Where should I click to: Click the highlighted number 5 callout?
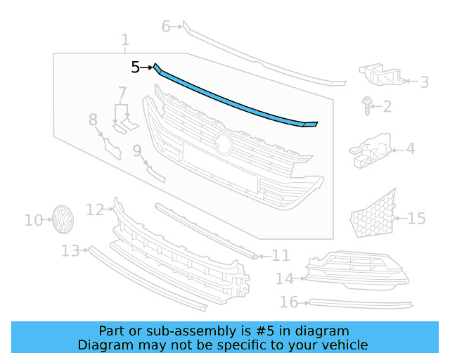[136, 67]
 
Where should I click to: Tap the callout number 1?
[125, 40]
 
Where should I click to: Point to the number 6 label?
[167, 27]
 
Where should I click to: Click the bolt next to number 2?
[367, 105]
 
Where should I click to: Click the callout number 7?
[122, 92]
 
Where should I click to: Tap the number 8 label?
[93, 121]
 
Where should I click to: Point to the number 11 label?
[281, 255]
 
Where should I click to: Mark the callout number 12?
[95, 209]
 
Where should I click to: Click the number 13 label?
[70, 251]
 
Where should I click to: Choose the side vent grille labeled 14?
[355, 274]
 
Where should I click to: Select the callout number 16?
[289, 303]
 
